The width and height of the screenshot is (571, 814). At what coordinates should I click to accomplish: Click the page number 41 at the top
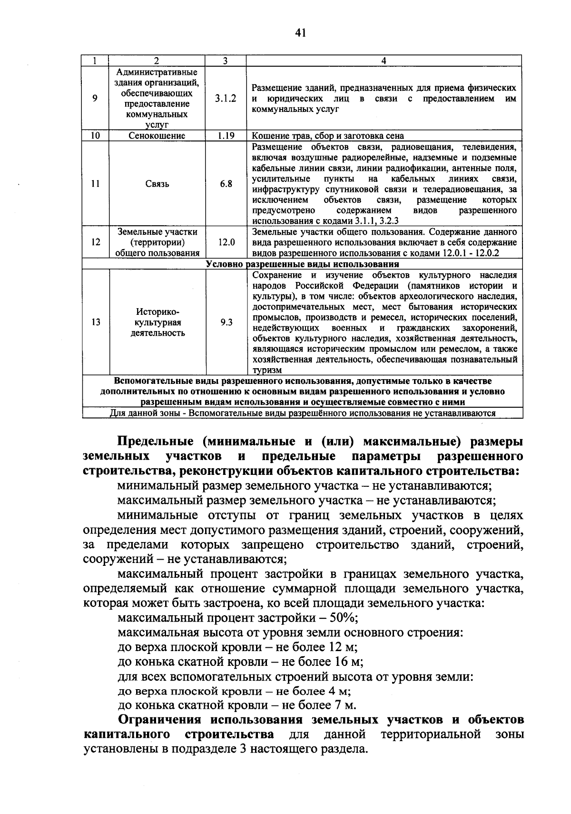pos(300,33)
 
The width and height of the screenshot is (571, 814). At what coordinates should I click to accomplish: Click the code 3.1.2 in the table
pos(226,99)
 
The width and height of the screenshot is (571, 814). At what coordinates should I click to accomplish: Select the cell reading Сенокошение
pos(157,136)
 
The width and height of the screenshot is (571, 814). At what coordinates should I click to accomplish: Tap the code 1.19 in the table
pos(226,136)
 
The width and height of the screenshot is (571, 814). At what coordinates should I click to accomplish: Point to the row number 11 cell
pos(96,184)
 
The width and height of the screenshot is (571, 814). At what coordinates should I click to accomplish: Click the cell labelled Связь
pos(157,184)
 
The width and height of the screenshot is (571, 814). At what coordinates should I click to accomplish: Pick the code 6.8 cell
pos(226,184)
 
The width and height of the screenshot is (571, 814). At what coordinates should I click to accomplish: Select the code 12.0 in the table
pos(226,242)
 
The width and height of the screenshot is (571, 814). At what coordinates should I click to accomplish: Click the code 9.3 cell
pos(226,322)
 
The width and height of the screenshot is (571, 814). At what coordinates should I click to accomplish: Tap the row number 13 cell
pos(96,322)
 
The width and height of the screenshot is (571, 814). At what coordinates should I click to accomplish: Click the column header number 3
pos(226,60)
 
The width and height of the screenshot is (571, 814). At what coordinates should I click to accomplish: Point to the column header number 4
pos(384,60)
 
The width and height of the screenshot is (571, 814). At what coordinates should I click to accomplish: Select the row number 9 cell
pos(95,99)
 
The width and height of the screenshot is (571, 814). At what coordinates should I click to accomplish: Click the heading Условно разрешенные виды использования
pos(303,264)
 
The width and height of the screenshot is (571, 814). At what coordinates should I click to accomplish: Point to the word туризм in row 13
pos(267,371)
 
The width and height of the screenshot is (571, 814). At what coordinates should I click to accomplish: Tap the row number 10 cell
pos(95,136)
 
